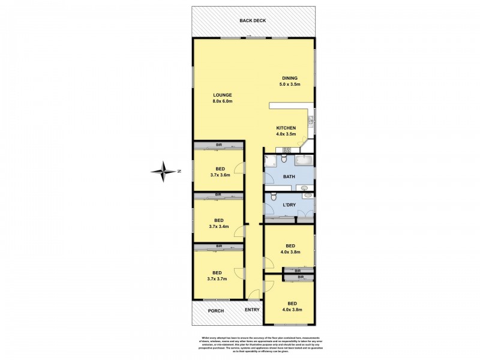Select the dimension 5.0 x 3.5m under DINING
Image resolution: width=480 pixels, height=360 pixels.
tap(289, 85)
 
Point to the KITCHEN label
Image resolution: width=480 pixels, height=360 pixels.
tap(286, 128)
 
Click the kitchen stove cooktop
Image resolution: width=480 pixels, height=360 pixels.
tap(286, 150)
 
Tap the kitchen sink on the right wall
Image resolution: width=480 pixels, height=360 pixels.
tap(311, 120)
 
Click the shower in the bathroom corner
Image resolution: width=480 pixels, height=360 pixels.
tap(269, 161)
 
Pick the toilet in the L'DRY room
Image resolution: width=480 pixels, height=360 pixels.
tap(273, 196)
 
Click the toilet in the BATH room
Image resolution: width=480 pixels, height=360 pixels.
tap(284, 158)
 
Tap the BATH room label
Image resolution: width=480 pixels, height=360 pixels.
tap(289, 176)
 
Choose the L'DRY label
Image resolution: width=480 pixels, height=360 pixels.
tap(289, 205)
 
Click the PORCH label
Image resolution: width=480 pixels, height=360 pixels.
tap(215, 310)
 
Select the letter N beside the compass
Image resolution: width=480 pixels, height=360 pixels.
tap(179, 171)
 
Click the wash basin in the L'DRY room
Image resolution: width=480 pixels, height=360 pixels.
tap(308, 195)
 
